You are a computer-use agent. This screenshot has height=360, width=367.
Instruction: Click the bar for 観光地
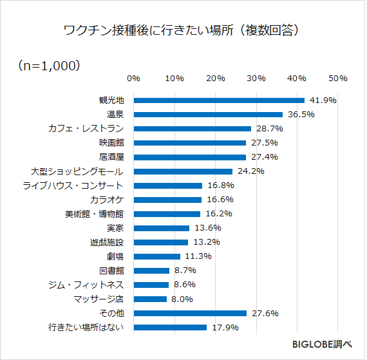click(x=219, y=100)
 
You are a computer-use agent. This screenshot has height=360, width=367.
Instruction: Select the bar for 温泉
click(x=208, y=115)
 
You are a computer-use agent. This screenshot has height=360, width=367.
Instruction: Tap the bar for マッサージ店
click(x=150, y=299)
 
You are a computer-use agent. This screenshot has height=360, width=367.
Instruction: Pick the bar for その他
click(x=190, y=313)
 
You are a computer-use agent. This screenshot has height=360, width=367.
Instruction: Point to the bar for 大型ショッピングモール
click(x=183, y=171)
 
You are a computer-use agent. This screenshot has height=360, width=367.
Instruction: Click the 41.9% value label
click(x=323, y=100)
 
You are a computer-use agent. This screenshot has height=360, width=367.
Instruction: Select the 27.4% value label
click(x=263, y=157)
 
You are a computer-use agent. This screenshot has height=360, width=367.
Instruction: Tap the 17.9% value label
click(x=225, y=327)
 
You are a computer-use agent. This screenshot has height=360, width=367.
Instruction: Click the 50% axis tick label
click(x=338, y=78)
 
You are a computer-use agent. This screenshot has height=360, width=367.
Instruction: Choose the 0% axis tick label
click(x=134, y=78)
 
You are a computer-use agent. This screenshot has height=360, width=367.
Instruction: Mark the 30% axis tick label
click(x=256, y=78)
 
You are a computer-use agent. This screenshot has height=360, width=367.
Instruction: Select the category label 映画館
click(x=111, y=143)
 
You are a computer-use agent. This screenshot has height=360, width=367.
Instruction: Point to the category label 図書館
click(x=111, y=270)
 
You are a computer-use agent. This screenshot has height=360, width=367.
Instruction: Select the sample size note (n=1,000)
click(x=49, y=65)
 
